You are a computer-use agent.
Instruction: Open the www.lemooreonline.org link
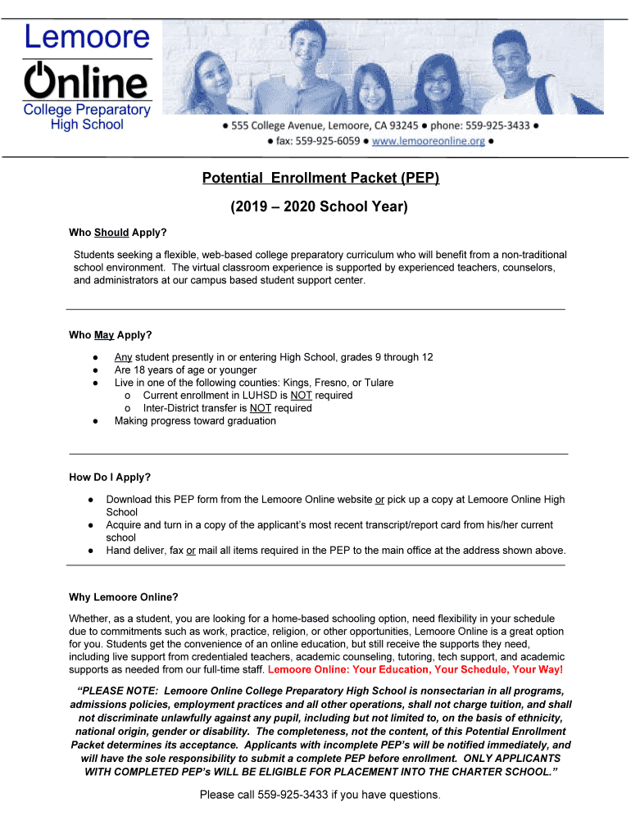pyautogui.click(x=428, y=141)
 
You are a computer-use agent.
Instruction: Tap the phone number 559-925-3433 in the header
pyautogui.click(x=497, y=126)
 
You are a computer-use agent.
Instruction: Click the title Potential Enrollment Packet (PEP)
pyautogui.click(x=321, y=178)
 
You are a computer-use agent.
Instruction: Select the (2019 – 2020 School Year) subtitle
pyautogui.click(x=319, y=206)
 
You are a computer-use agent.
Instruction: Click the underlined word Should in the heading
pyautogui.click(x=111, y=233)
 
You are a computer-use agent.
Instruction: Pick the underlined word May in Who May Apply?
pyautogui.click(x=104, y=335)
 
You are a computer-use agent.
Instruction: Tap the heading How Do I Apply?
pyautogui.click(x=110, y=477)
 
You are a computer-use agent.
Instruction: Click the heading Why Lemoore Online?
pyautogui.click(x=123, y=596)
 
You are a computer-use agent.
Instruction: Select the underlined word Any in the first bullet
pyautogui.click(x=123, y=357)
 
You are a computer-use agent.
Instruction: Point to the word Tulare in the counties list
pyautogui.click(x=376, y=383)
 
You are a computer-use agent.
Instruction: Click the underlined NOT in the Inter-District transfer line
pyautogui.click(x=260, y=408)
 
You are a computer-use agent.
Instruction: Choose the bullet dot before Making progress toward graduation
pyautogui.click(x=96, y=421)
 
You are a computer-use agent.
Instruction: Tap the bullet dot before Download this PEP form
pyautogui.click(x=88, y=499)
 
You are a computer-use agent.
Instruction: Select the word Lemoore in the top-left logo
pyautogui.click(x=87, y=37)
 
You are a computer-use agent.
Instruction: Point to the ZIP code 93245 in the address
pyautogui.click(x=401, y=126)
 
